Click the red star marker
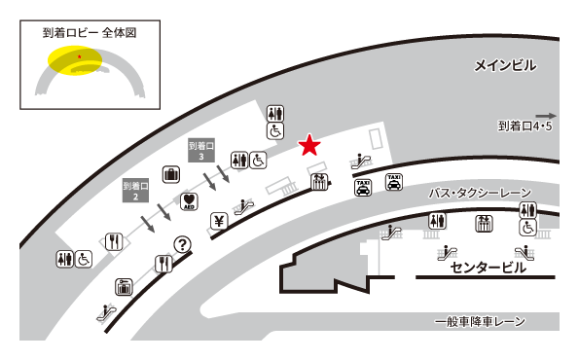coord(309,146)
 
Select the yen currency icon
coord(218,220)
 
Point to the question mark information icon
coord(181,244)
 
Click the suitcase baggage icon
coord(172,175)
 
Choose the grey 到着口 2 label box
coord(133,190)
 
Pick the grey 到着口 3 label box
coord(200,150)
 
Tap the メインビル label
coord(505,65)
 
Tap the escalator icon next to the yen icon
coord(244,206)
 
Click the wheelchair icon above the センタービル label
coord(527,228)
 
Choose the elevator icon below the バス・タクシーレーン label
coord(483,223)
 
